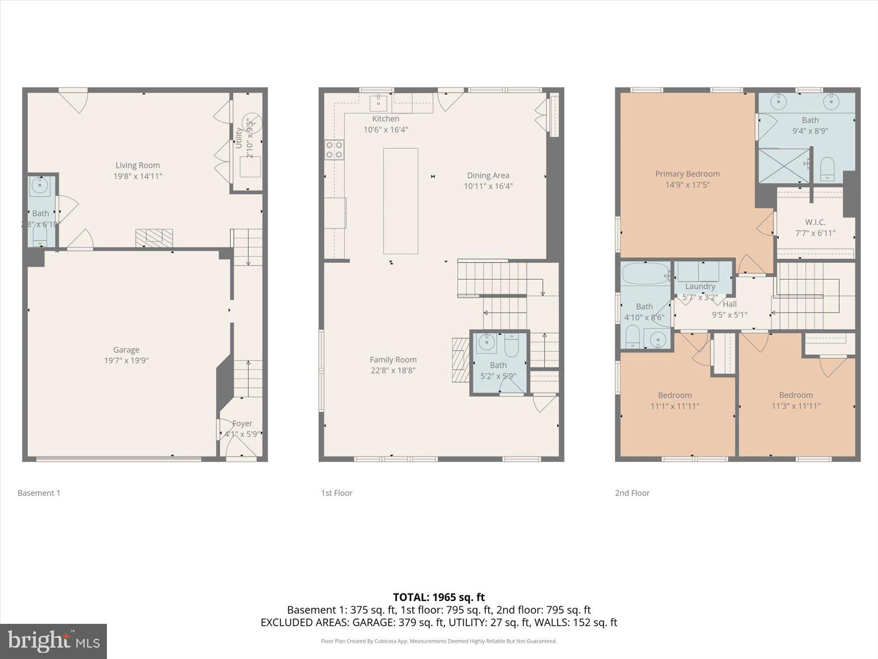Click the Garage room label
[x=126, y=350]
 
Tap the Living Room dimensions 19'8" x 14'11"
[x=138, y=176]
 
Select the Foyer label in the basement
[x=242, y=423]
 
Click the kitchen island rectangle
[x=400, y=201]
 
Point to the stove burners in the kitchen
[x=334, y=150]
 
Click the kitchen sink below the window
[x=379, y=102]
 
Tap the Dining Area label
[x=488, y=175]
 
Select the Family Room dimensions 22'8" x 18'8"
[x=393, y=371]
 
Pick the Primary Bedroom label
[x=687, y=174]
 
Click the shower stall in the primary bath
[x=784, y=166]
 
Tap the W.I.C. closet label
[x=815, y=222]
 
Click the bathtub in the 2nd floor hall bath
[x=645, y=274]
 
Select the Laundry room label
[x=700, y=286]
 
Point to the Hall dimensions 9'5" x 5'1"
[x=729, y=315]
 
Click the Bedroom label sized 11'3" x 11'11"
[x=796, y=395]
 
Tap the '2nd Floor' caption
[x=632, y=493]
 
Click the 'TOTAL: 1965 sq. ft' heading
[x=438, y=597]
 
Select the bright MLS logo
[x=54, y=641]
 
